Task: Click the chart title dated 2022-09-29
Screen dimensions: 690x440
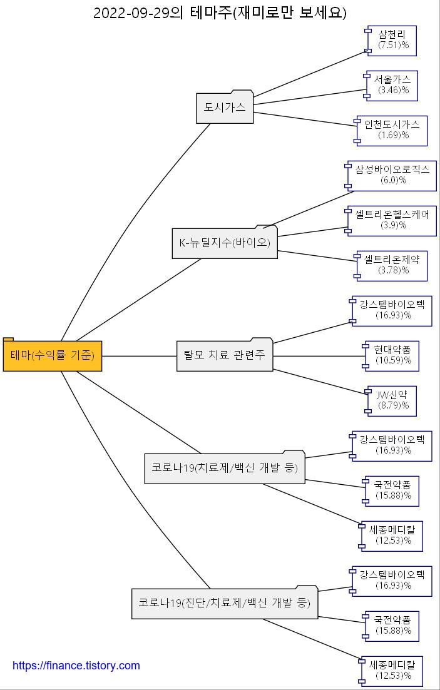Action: pos(220,13)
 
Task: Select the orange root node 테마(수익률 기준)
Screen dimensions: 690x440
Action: pos(53,356)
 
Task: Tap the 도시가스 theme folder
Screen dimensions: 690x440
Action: pos(225,108)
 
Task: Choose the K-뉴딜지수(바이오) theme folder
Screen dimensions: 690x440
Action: pos(225,243)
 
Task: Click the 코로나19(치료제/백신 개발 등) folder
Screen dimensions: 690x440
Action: pos(225,468)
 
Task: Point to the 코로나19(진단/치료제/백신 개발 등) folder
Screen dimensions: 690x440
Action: pos(225,603)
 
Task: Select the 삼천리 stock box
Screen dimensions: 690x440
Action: pos(392,40)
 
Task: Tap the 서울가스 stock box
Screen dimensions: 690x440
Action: pos(392,85)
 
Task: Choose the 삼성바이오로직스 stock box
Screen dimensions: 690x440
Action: pos(392,175)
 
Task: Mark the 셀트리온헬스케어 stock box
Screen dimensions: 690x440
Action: pos(392,220)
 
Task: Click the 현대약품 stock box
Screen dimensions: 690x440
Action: pos(392,355)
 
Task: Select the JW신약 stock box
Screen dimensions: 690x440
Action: pos(392,400)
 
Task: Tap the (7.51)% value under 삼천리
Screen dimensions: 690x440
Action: pos(393,46)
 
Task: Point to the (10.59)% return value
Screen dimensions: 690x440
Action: pos(393,361)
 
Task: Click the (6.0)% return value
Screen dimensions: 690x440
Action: pos(393,181)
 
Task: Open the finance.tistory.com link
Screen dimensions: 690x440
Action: pos(76,666)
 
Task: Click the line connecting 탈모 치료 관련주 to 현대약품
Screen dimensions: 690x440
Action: pos(319,356)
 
